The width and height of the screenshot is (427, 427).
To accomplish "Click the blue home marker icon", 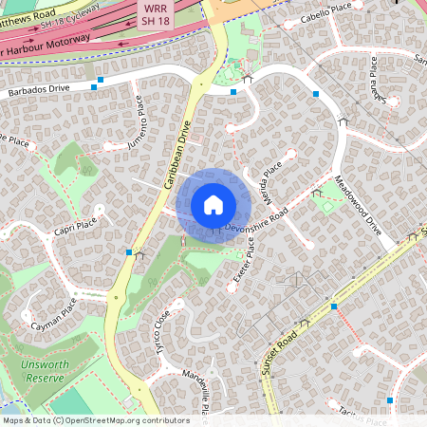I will pos(213,205).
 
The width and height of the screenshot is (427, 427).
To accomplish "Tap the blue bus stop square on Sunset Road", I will pos(334,306).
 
